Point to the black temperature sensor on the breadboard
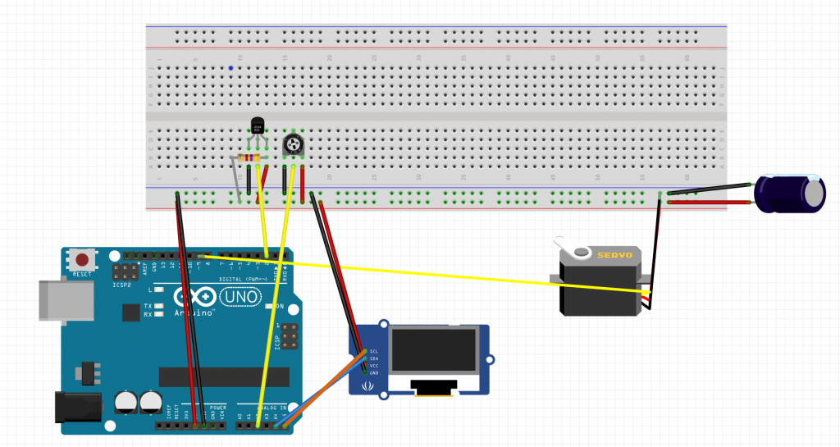[x=258, y=126]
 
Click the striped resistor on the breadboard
[x=248, y=157]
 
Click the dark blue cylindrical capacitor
[x=789, y=194]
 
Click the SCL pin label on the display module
[x=373, y=350]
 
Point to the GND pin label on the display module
[x=373, y=372]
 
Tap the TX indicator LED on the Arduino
[x=157, y=305]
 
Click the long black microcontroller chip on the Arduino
[x=224, y=376]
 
